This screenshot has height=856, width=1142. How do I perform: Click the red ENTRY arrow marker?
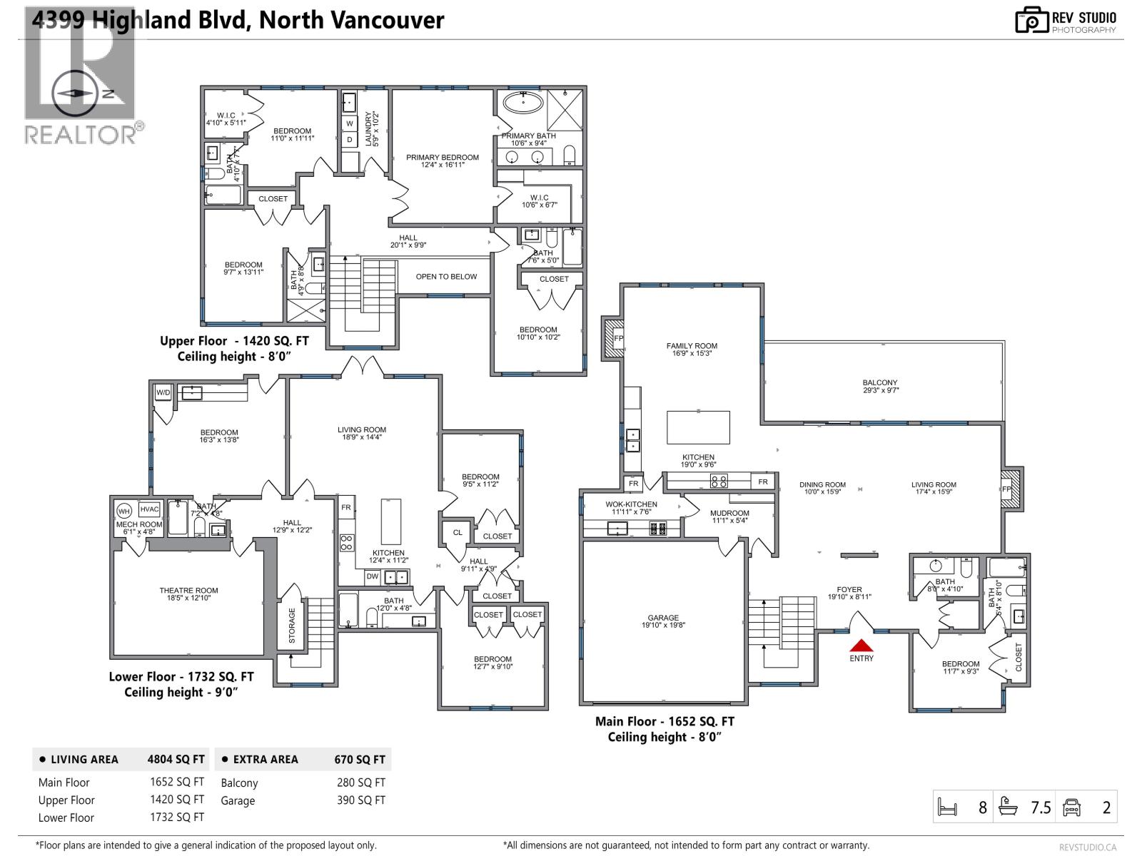(x=861, y=644)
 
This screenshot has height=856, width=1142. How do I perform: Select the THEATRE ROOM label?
(x=188, y=591)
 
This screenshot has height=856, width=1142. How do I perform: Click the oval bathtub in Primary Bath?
(x=523, y=102)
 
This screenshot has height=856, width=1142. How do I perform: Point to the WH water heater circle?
(x=123, y=510)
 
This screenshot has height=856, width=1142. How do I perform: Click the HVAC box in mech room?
(x=149, y=509)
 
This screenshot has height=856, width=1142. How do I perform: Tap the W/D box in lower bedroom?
(x=163, y=392)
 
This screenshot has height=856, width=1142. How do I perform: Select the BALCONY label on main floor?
(x=879, y=383)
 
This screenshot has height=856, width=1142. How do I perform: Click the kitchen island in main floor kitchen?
(x=698, y=427)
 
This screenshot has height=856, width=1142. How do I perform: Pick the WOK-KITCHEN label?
(x=631, y=504)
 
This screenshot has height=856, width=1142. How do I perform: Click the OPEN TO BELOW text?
(x=446, y=277)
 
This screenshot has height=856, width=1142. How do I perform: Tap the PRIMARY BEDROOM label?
(x=443, y=158)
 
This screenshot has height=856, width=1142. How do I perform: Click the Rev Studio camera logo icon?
(x=1030, y=20)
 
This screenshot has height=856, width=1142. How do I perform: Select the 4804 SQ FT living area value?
(x=176, y=760)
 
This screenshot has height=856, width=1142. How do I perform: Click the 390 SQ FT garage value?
(x=360, y=800)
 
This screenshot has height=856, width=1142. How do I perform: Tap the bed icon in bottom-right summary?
(x=947, y=807)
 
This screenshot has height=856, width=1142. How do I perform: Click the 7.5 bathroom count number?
(x=1041, y=807)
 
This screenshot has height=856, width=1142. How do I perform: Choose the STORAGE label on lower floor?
(x=292, y=626)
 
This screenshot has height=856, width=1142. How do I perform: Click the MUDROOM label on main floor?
(x=729, y=513)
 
